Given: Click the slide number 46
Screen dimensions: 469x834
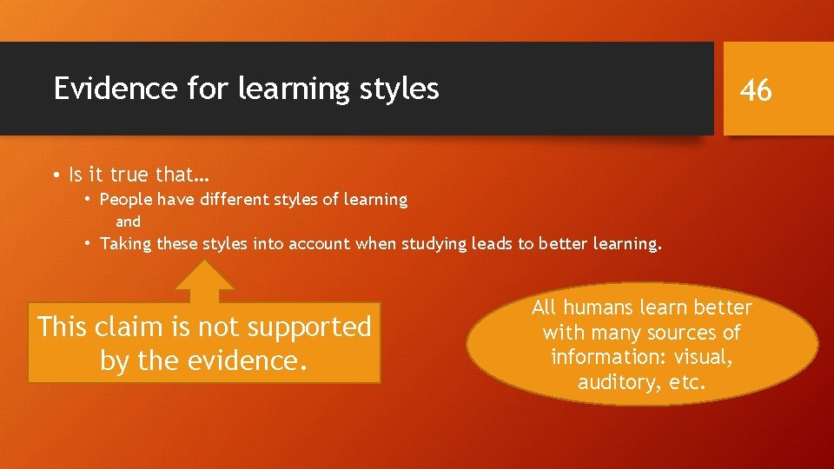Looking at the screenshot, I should (x=756, y=89).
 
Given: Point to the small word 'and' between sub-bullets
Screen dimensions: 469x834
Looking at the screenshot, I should (x=128, y=222).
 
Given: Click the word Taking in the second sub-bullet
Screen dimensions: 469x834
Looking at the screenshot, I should (x=126, y=244).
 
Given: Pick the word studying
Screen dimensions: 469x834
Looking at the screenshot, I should (x=434, y=244).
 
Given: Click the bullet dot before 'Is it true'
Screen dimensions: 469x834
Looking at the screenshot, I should (x=55, y=175).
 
